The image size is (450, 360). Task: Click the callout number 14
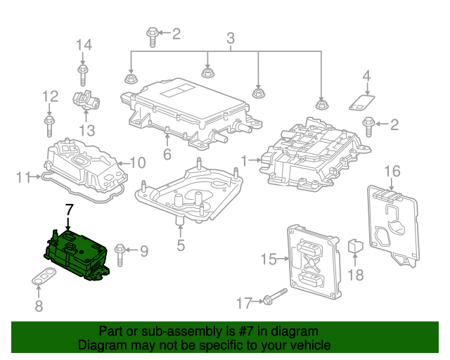84,45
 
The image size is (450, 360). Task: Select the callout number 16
392,172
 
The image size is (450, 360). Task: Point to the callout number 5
181,245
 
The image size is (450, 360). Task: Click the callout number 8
39,305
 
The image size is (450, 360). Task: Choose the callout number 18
356,274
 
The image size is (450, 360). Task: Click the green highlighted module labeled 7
75,257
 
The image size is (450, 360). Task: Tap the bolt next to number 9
120,250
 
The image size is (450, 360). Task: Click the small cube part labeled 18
356,246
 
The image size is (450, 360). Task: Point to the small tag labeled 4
361,103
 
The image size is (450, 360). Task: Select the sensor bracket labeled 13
87,102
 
